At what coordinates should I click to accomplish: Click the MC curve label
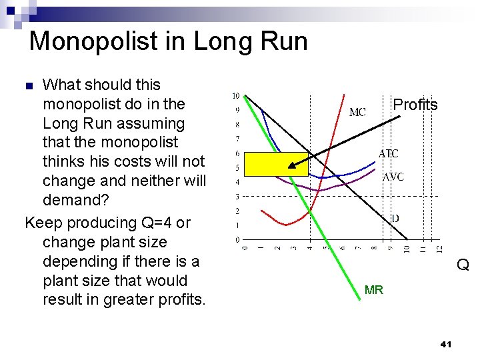click(357, 113)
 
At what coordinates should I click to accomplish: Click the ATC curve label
click(389, 153)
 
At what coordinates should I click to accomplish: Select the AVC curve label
click(393, 177)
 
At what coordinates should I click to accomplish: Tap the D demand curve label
click(395, 218)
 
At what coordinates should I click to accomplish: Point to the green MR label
click(373, 290)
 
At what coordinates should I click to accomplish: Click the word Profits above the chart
click(415, 105)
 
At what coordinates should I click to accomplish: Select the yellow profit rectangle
click(276, 164)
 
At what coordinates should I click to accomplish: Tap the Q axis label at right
click(463, 265)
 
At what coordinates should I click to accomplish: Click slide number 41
click(446, 345)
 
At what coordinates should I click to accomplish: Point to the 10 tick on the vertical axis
click(236, 95)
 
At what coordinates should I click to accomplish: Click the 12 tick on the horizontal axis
click(439, 249)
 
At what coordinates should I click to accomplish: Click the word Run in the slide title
click(283, 41)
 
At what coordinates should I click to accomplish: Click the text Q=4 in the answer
click(154, 223)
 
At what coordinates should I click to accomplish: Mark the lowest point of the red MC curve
click(286, 225)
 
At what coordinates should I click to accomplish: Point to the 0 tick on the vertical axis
click(237, 239)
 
